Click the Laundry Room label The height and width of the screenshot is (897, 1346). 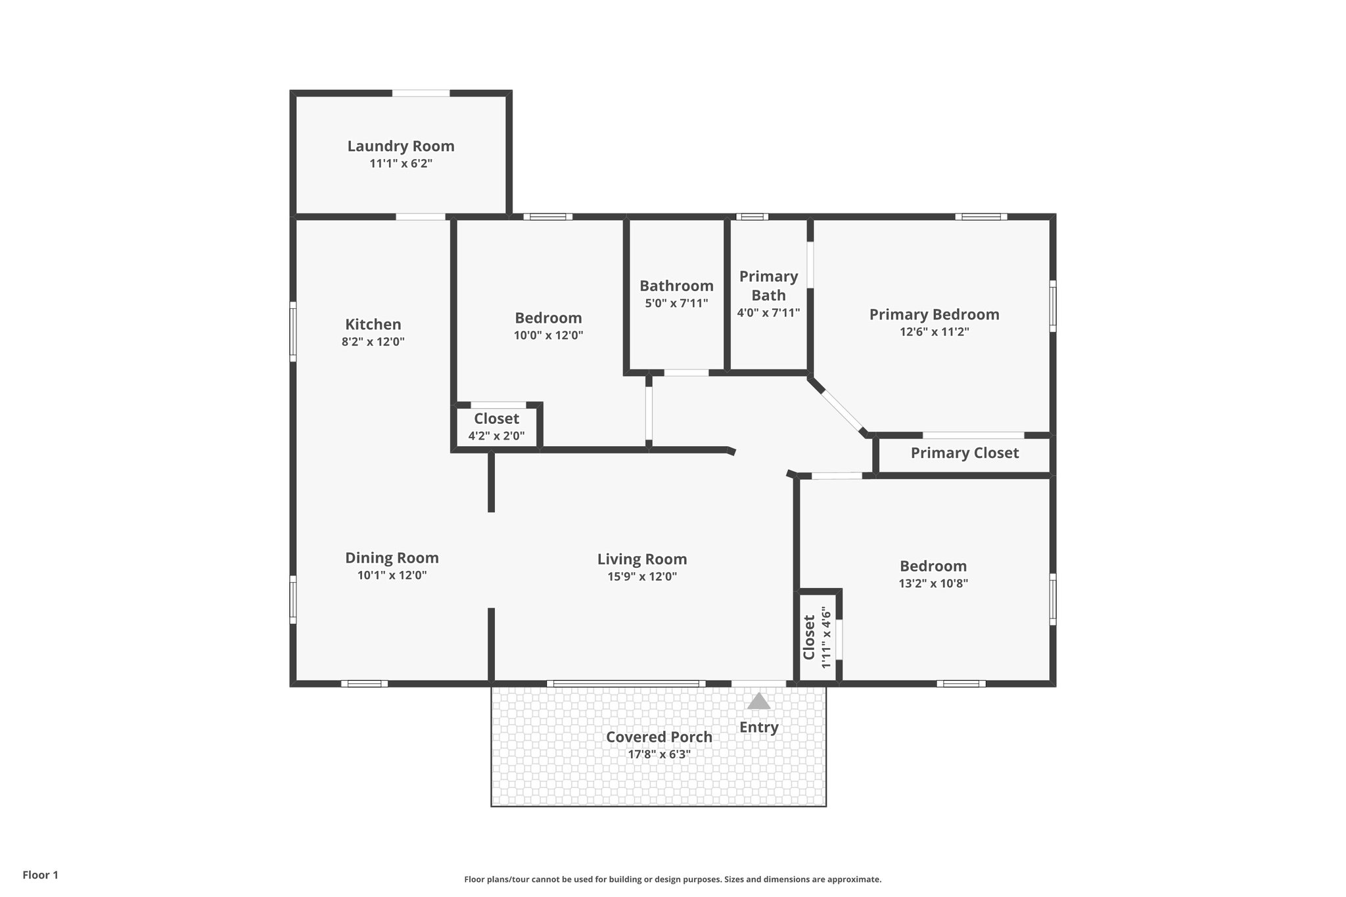pos(401,146)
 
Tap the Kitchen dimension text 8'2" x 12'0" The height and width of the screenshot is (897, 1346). pos(373,342)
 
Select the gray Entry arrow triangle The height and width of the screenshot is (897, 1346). pos(758,701)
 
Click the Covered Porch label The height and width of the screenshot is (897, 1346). pos(659,737)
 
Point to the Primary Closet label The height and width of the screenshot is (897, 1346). pos(964,453)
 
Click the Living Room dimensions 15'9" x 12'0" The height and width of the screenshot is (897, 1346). pos(642,577)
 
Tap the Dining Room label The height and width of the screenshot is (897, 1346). pos(392,558)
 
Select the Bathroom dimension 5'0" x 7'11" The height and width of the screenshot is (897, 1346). pos(676,304)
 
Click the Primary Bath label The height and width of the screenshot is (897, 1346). pos(768,285)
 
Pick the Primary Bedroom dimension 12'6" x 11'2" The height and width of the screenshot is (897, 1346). pos(934,332)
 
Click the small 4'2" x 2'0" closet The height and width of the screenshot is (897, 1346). pos(496,426)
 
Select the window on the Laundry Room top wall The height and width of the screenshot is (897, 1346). pos(421,93)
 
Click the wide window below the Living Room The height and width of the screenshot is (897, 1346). pos(626,683)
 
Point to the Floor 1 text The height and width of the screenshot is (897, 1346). pos(40,875)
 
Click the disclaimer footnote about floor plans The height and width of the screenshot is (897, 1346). pos(672,879)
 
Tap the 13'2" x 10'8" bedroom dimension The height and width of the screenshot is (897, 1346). pos(933,583)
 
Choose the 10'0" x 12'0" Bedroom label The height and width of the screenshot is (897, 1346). pos(548,318)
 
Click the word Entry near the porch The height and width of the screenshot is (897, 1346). pos(758,727)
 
